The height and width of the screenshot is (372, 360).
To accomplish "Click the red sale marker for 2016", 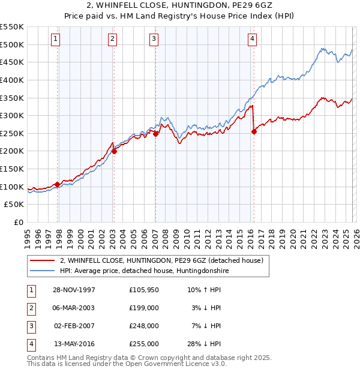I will (254, 132).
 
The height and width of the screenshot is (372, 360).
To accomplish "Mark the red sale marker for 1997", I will (58, 184).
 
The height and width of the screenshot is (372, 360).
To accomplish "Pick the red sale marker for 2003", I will (114, 151).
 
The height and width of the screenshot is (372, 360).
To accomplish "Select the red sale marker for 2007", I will (155, 134).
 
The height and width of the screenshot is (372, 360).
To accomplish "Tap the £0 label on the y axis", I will (19, 223).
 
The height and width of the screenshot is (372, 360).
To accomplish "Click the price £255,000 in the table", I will (144, 344).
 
